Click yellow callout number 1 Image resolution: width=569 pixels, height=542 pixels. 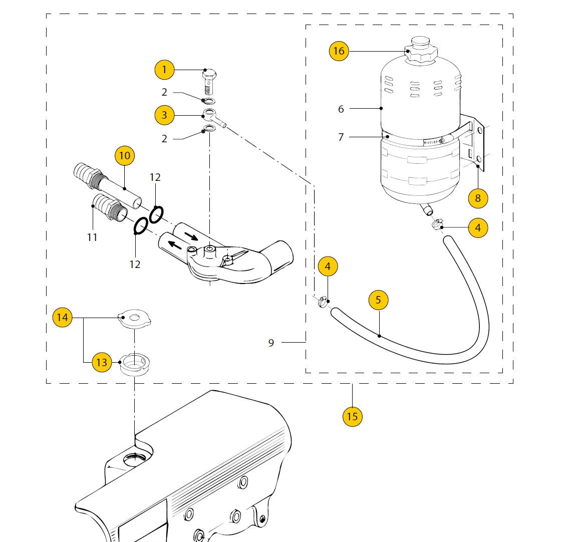[x=164, y=70]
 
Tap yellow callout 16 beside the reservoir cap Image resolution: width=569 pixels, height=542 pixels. [x=339, y=51]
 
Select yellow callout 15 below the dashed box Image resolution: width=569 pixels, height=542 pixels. [x=352, y=416]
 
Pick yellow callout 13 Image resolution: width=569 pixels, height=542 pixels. [x=102, y=362]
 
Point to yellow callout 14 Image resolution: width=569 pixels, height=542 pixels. [x=63, y=317]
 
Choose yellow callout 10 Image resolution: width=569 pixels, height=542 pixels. [x=124, y=156]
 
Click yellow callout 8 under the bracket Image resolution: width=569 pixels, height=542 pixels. [x=478, y=198]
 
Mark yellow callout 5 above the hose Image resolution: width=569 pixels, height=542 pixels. [x=379, y=300]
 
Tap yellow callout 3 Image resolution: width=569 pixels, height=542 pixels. [x=164, y=115]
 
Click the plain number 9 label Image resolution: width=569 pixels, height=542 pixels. [x=271, y=343]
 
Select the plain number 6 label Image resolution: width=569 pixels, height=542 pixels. [x=341, y=109]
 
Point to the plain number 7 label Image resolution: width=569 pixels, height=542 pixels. [x=341, y=137]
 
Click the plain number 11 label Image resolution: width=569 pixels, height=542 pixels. [x=92, y=237]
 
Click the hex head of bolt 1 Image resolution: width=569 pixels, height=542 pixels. [x=209, y=76]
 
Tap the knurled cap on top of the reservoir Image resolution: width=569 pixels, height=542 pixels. [x=421, y=51]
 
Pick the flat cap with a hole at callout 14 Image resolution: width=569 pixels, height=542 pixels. [x=135, y=319]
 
